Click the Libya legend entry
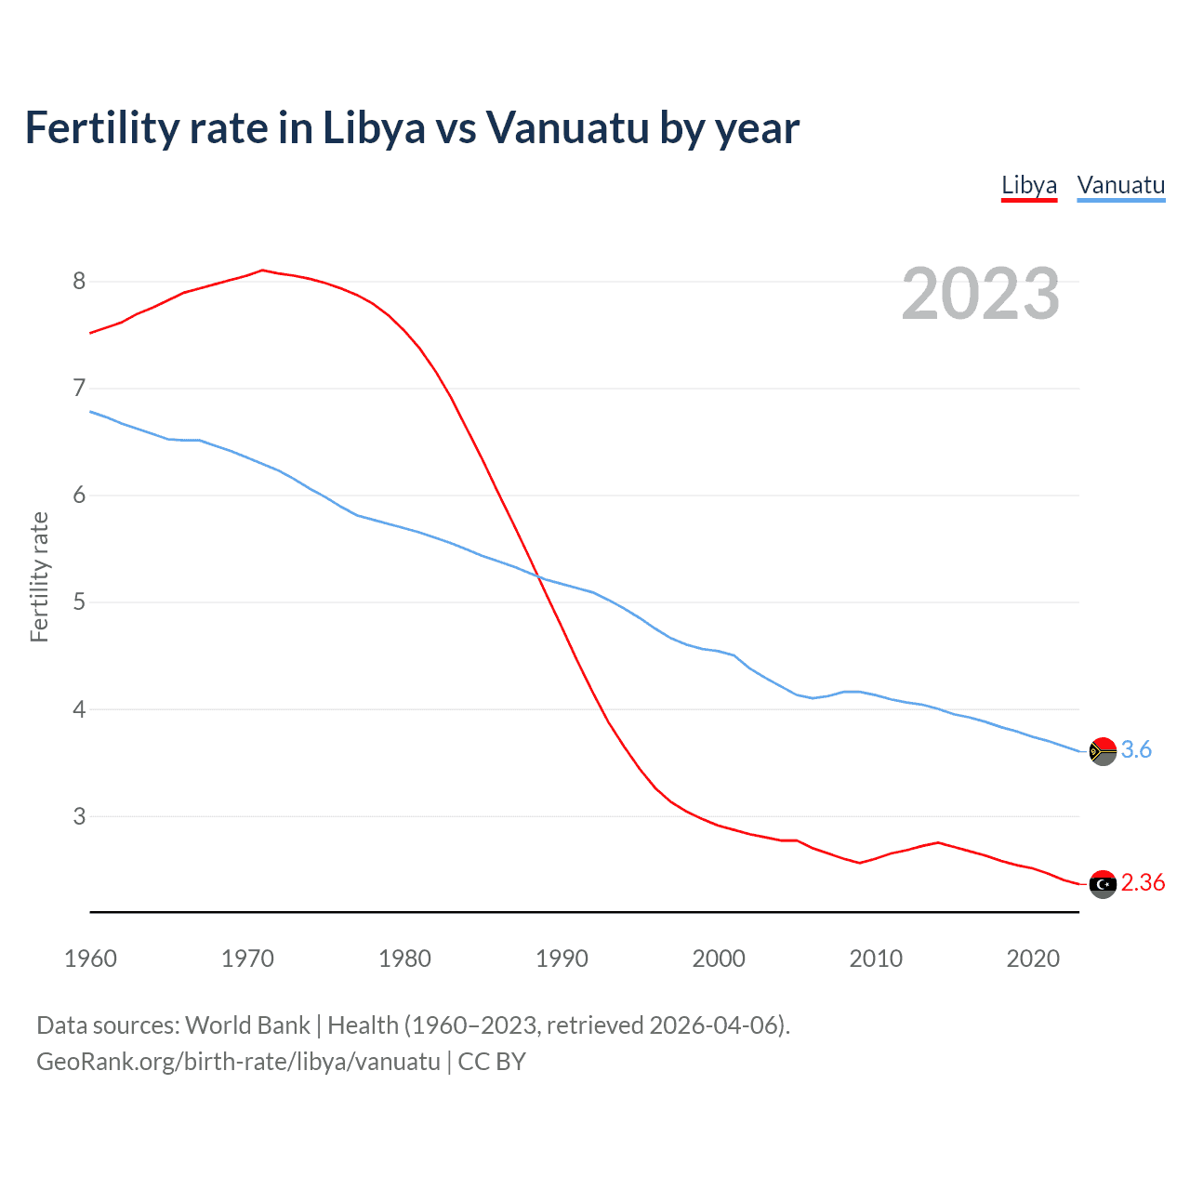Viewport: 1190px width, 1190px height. tap(1028, 185)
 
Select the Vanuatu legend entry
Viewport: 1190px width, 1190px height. tap(1120, 185)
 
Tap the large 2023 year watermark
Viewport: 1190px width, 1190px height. tap(980, 294)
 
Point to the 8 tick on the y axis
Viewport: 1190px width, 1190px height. tap(79, 281)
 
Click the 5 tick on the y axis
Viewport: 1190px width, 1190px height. tap(79, 602)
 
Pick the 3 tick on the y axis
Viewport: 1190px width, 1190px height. tap(79, 816)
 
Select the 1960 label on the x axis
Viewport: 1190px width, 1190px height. tap(90, 959)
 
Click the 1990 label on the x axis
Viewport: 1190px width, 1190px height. tap(562, 959)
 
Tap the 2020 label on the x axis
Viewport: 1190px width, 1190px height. tap(1033, 959)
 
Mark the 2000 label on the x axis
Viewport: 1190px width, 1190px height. tap(719, 959)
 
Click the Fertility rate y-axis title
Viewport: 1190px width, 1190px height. tap(39, 576)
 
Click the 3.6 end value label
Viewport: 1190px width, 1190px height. tap(1136, 749)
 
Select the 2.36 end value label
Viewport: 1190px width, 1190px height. tap(1143, 882)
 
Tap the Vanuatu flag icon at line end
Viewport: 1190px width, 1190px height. tap(1103, 750)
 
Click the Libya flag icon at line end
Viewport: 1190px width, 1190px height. tap(1103, 884)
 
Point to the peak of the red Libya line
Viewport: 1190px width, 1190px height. tap(262, 270)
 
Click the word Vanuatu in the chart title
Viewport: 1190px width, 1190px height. tap(567, 128)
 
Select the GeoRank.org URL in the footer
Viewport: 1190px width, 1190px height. tap(238, 1061)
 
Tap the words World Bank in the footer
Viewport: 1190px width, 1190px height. tap(247, 1025)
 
